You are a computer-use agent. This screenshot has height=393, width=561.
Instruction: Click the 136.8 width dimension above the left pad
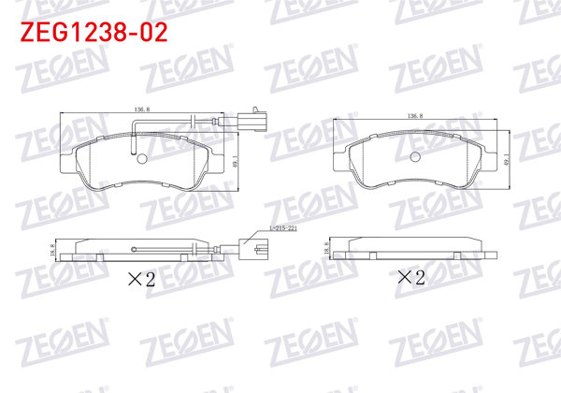coord(142,110)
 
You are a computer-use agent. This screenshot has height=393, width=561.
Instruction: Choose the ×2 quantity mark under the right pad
coord(411,277)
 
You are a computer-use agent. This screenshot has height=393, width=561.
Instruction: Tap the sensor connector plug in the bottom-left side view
coord(252,249)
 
